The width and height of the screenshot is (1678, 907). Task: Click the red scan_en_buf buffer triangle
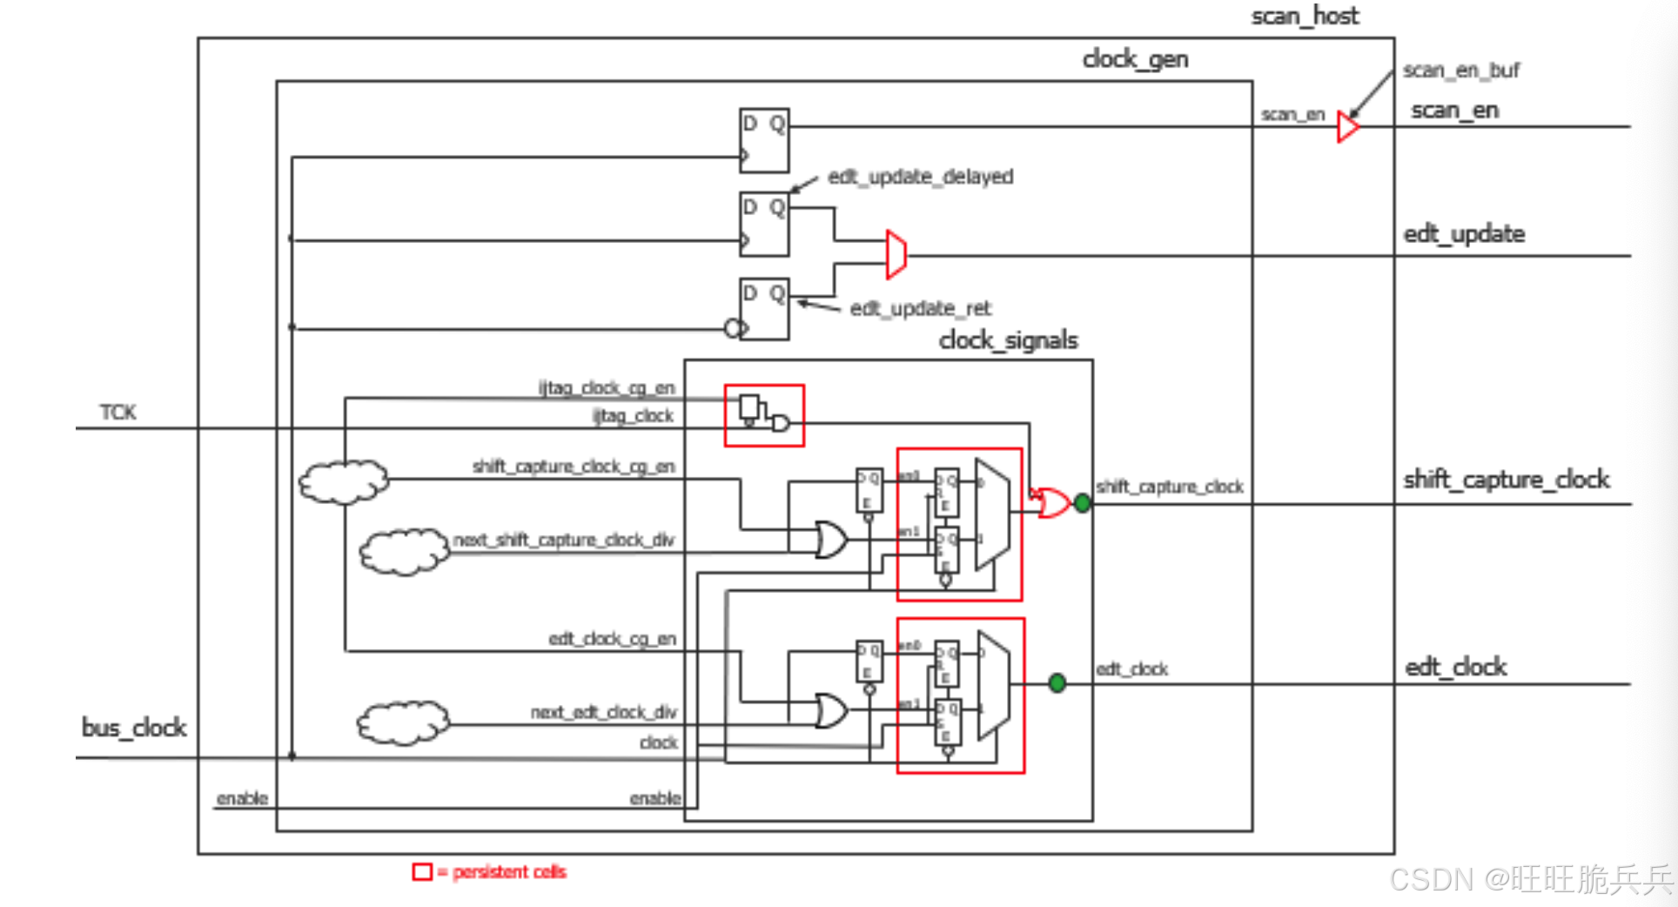click(x=1347, y=127)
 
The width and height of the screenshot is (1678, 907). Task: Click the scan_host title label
click(x=1304, y=17)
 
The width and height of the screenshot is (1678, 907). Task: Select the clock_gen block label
click(x=1135, y=59)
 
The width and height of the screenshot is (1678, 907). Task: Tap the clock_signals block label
click(x=1008, y=340)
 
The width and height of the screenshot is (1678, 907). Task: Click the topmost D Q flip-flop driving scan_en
click(x=763, y=140)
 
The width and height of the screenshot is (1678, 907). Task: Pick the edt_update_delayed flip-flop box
click(x=763, y=224)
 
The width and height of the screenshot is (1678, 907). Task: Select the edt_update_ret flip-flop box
click(x=763, y=309)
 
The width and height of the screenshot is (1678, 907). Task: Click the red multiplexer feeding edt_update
click(x=896, y=255)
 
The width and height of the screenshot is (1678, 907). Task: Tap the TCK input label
click(x=117, y=412)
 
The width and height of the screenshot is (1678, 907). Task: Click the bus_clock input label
click(x=134, y=728)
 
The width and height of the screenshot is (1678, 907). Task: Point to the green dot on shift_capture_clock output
click(x=1082, y=502)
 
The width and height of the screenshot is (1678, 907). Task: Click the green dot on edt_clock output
click(x=1057, y=683)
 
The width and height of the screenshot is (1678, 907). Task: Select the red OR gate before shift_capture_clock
click(x=1052, y=503)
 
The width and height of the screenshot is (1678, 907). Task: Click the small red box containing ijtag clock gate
click(x=764, y=415)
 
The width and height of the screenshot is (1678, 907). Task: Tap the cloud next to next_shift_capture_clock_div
click(x=404, y=552)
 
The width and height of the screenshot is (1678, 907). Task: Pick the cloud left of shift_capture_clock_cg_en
click(x=344, y=481)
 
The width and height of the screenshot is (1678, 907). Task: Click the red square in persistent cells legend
click(x=422, y=871)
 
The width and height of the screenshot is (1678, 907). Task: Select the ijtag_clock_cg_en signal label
click(x=606, y=387)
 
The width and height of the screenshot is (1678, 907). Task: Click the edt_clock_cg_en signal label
click(x=612, y=639)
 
